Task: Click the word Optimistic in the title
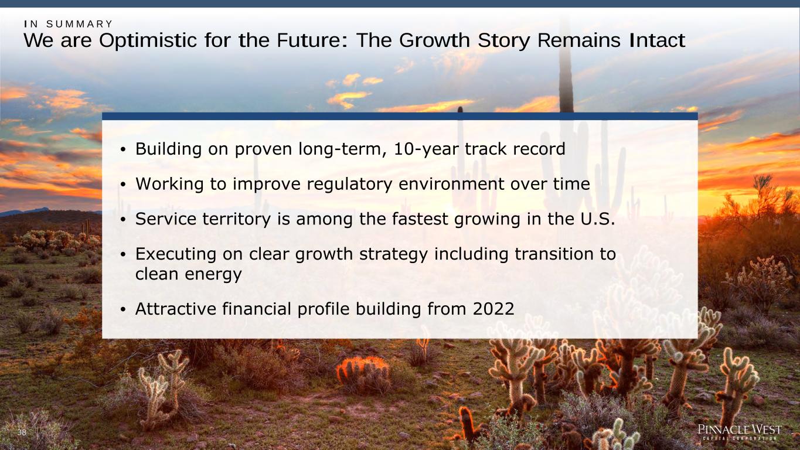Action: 148,40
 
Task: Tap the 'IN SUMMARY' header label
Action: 69,24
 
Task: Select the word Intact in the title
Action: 657,40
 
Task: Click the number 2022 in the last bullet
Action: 493,309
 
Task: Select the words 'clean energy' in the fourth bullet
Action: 189,275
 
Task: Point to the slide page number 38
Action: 22,432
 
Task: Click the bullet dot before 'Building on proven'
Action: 123,149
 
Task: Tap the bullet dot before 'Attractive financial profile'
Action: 123,309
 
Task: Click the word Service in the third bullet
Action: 166,219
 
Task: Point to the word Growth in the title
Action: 434,40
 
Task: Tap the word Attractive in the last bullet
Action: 176,309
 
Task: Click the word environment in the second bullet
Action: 451,185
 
